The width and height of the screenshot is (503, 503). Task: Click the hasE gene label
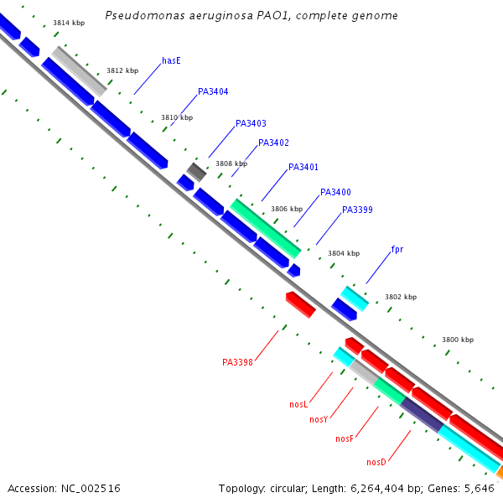point(171,60)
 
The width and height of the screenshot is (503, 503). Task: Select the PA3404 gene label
point(213,91)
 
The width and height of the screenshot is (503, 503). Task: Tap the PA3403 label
point(251,123)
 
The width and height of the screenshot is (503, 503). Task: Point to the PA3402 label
point(273,143)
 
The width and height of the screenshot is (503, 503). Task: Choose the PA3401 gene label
point(303,167)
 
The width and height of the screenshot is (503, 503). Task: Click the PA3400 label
point(335,192)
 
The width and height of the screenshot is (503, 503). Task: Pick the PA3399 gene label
point(357,210)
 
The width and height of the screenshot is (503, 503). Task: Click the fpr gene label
point(397,249)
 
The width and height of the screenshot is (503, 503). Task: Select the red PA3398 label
point(238,362)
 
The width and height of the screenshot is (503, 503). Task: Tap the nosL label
point(298,404)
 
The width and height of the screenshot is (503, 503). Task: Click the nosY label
point(319,420)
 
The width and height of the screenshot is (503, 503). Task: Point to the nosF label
point(345,438)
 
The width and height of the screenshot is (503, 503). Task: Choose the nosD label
point(376,462)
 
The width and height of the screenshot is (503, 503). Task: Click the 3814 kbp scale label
point(69,23)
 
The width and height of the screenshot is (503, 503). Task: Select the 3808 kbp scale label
point(231,163)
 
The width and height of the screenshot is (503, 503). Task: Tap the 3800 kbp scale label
point(458,340)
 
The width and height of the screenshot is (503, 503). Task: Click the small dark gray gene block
point(196,172)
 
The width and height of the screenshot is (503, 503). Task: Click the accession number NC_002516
point(91,489)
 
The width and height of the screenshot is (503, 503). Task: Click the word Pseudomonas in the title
point(145,16)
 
